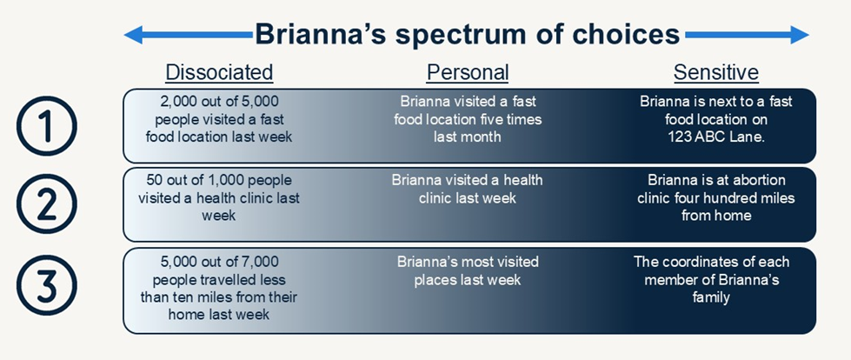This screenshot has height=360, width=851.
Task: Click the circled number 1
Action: [47, 126]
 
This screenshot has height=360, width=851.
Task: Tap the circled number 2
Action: [47, 204]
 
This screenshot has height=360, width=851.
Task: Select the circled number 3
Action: [47, 285]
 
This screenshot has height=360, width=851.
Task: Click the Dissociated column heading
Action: [219, 72]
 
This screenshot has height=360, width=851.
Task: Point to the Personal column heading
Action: [468, 72]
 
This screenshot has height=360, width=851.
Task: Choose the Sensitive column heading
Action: [716, 72]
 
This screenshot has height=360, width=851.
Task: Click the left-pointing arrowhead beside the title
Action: [134, 35]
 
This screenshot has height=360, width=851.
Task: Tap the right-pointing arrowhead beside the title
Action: [800, 35]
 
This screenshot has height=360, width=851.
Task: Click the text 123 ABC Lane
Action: [716, 137]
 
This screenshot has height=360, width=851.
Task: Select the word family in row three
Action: [711, 297]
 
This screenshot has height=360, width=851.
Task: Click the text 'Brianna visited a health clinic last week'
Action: [468, 189]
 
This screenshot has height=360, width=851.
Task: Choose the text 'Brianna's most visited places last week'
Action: [468, 271]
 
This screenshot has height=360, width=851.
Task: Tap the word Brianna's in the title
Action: [319, 34]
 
